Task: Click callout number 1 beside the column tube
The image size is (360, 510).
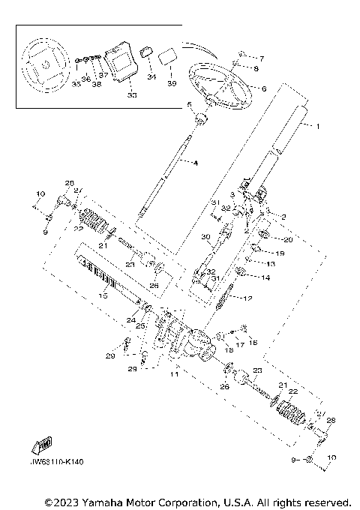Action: [317, 127]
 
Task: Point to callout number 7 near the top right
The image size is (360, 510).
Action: [262, 58]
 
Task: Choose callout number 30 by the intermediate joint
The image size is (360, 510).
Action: [203, 238]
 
